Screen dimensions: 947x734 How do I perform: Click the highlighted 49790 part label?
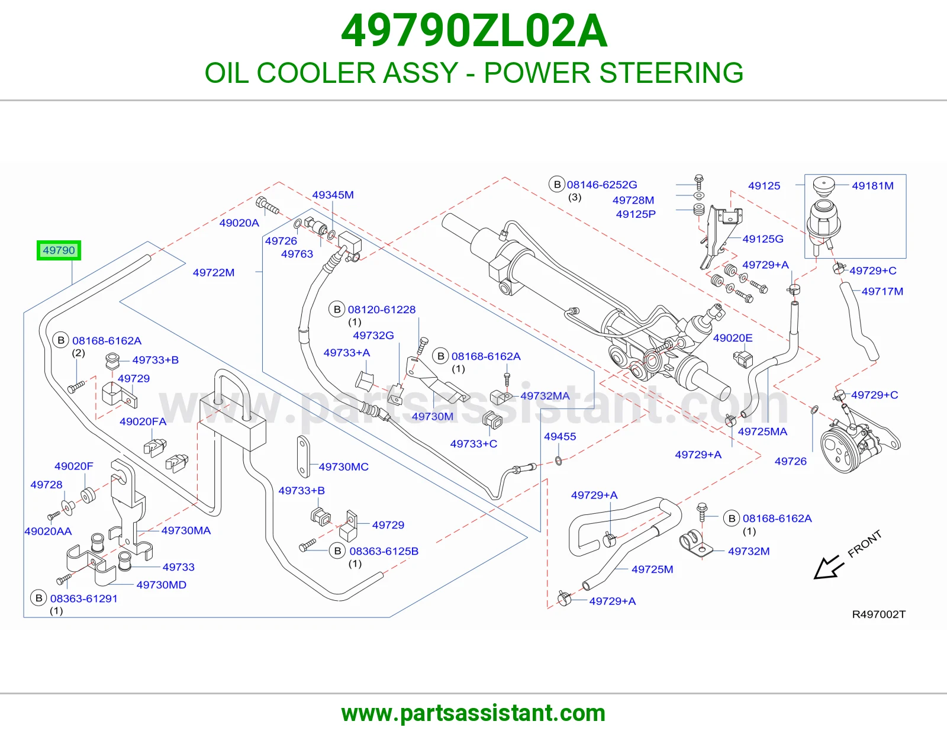(59, 250)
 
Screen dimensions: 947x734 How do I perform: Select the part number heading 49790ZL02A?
(474, 31)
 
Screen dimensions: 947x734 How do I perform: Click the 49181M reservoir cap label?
(872, 186)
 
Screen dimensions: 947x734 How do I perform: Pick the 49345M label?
(333, 195)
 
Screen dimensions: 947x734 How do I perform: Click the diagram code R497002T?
(878, 614)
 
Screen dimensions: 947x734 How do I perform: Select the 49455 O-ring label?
(560, 436)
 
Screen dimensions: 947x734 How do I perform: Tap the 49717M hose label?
(882, 291)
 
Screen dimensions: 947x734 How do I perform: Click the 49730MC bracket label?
(343, 467)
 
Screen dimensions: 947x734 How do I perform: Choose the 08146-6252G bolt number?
(602, 184)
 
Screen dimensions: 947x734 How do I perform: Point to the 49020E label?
(733, 338)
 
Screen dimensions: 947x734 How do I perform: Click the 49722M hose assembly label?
(214, 272)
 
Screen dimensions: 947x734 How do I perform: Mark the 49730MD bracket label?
(161, 584)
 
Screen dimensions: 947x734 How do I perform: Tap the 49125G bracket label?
(763, 239)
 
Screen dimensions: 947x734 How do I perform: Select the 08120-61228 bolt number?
(381, 310)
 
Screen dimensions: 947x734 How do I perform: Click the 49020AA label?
(48, 531)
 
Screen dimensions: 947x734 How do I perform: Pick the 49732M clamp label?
(749, 551)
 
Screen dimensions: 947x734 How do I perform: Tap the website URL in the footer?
(474, 713)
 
